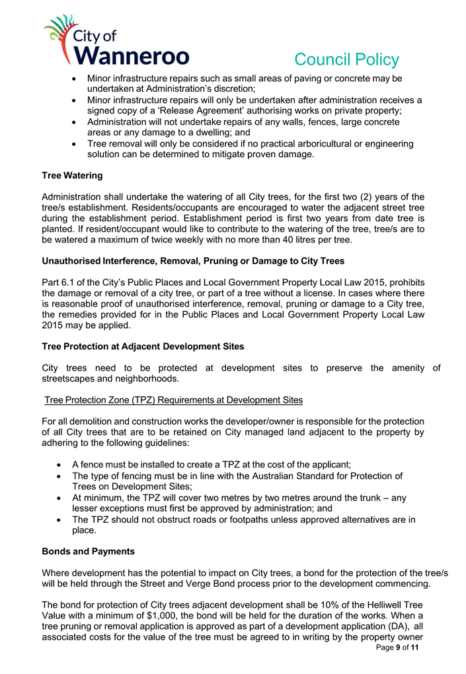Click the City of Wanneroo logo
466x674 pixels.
(116, 41)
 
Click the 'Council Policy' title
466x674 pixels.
(346, 59)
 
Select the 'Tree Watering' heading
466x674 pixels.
(72, 176)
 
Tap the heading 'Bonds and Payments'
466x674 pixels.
(88, 551)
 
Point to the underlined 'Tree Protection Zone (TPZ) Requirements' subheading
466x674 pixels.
(173, 401)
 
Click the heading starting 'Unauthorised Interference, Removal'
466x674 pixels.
(192, 261)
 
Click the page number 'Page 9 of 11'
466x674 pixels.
(393, 649)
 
